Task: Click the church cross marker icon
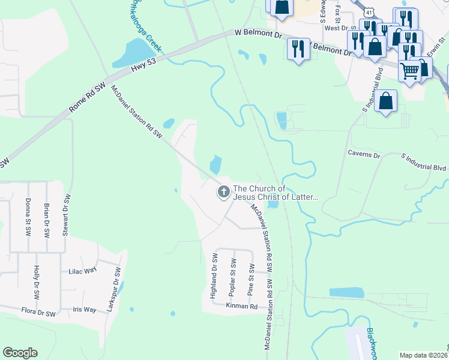click(223, 193)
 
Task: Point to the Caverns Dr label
click(364, 155)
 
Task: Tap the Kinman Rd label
click(241, 306)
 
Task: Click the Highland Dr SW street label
click(213, 276)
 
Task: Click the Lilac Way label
click(83, 271)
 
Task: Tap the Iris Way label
click(83, 310)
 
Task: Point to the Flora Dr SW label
click(38, 313)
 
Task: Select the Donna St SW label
click(28, 217)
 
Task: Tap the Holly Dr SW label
click(37, 282)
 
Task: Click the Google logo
click(20, 353)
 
